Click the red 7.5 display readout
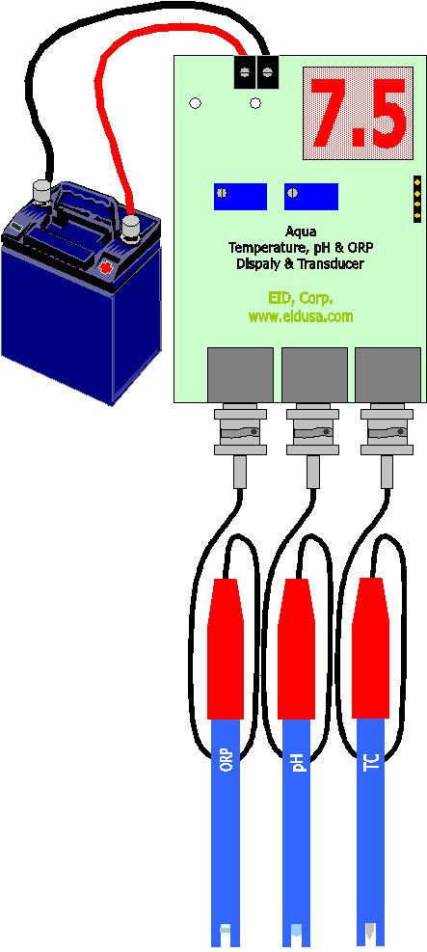click(358, 113)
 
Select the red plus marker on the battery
click(107, 266)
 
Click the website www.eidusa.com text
click(300, 317)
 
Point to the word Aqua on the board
click(300, 231)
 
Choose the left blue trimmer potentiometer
click(240, 196)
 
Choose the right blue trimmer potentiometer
click(311, 196)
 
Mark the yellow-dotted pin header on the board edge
click(417, 199)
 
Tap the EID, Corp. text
click(300, 299)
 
